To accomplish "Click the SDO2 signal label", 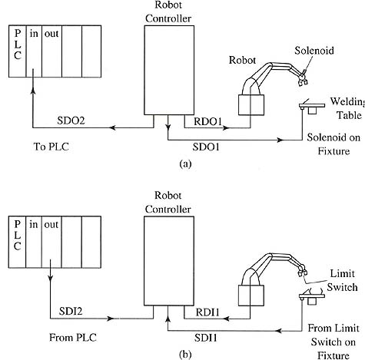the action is (71, 121).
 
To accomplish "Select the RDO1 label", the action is (207, 121).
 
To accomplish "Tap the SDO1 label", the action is (206, 147).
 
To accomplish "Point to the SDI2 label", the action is (71, 311).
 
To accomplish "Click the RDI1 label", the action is (207, 312).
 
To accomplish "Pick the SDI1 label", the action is (206, 338).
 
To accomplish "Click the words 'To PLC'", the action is (51, 147).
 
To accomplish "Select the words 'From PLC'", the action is (73, 338).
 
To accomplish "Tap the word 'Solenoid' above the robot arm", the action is (314, 51).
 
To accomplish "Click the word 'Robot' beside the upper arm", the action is (242, 60).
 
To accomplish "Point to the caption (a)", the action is (186, 163).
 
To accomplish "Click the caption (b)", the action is (185, 355).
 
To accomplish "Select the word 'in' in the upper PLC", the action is (34, 34).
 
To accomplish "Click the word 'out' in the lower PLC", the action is (51, 225).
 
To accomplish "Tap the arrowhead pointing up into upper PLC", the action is (33, 90).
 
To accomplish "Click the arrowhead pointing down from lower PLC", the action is (51, 278).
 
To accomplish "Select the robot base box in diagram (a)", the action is (251, 105).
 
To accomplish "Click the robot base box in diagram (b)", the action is (251, 296).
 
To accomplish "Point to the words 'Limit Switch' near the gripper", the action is (342, 280).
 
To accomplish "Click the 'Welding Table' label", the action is (347, 108).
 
